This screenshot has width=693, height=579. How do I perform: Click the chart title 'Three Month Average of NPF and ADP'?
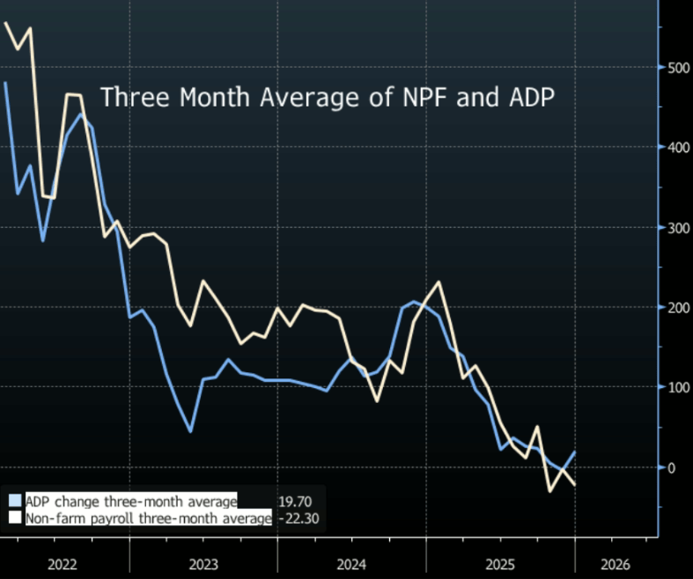coord(327,97)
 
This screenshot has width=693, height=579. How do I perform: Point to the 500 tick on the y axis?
coord(675,68)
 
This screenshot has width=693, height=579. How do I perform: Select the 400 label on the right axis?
coord(675,148)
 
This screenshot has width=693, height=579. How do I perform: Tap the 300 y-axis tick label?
coord(675,228)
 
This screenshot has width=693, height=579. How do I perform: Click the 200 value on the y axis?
coord(675,308)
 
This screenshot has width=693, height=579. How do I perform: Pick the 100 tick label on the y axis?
coord(675,387)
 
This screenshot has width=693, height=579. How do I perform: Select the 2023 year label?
coord(203,563)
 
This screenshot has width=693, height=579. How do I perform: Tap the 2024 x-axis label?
coord(351,563)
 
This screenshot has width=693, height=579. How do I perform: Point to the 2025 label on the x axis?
coord(500,563)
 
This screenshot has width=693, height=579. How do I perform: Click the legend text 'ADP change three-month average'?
coord(131,502)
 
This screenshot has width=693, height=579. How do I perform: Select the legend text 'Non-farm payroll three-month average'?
coord(148,519)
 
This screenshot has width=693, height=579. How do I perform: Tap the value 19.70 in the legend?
coord(293,502)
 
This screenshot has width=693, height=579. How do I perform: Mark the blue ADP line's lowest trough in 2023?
coord(190,431)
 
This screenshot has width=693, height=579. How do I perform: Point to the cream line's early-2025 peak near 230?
coord(439,282)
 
